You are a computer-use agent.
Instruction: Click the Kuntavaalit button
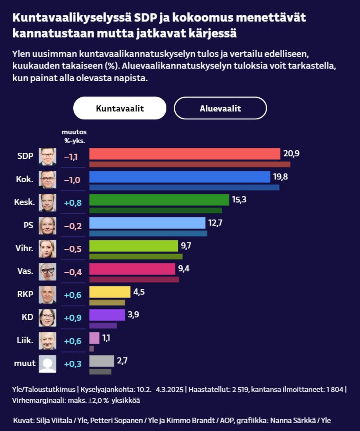120,108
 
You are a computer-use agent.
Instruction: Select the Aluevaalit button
220,108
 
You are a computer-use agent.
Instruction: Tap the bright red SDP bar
184,154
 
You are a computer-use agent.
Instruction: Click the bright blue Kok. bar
180,176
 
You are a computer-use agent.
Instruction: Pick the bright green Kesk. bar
159,200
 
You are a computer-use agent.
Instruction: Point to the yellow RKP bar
110,292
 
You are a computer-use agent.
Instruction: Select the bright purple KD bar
107,315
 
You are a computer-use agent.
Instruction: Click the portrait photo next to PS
47,225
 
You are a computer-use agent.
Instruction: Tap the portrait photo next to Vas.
47,272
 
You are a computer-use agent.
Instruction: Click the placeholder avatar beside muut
47,363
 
